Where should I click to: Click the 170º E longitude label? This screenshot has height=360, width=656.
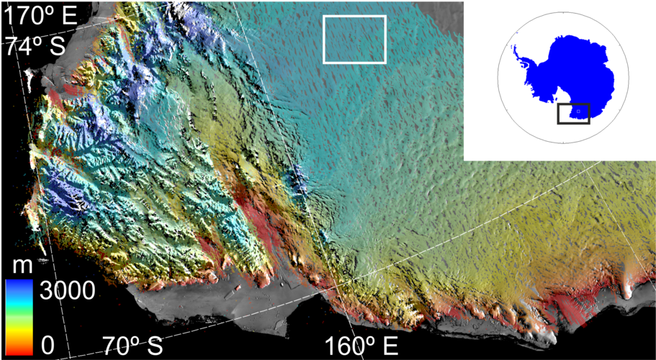coord(40,14)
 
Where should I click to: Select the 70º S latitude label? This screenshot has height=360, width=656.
coord(131,345)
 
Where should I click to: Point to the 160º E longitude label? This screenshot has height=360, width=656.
coord(361,345)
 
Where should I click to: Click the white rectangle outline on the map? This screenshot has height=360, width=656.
coord(355,17)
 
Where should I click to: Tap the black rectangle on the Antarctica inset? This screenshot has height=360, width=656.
coord(574,104)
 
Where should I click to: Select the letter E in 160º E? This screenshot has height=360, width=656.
coord(389,345)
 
